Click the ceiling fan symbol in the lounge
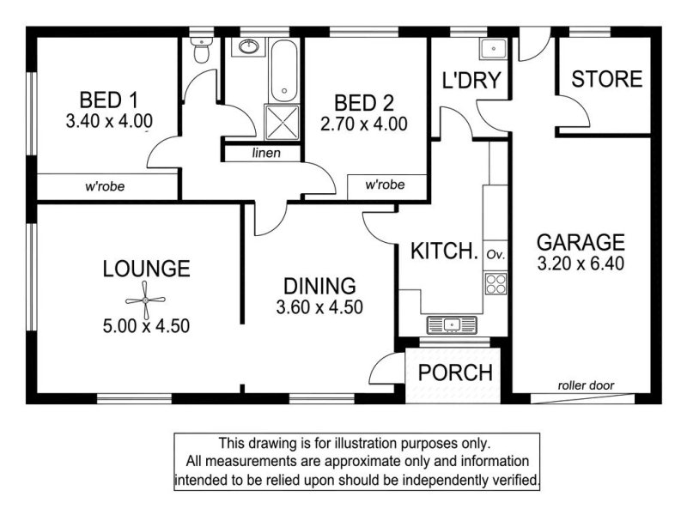coord(145,300)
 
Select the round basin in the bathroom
coord(249,46)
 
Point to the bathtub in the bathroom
coord(284,71)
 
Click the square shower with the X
coord(283,122)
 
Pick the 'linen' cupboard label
coord(266,153)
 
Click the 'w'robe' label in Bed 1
coord(105,186)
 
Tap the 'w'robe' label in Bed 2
coord(385,185)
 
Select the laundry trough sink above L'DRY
coord(493,48)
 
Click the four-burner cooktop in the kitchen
coord(495,283)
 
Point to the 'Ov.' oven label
coord(496,254)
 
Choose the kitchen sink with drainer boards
coord(452,325)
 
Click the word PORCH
coord(456,373)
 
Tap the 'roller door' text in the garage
coord(586,385)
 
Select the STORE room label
coord(607,79)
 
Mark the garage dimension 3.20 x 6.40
coord(581,264)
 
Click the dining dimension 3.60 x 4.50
coord(319,307)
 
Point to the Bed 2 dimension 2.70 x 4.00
coord(364,124)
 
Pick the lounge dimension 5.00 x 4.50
coord(146,326)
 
